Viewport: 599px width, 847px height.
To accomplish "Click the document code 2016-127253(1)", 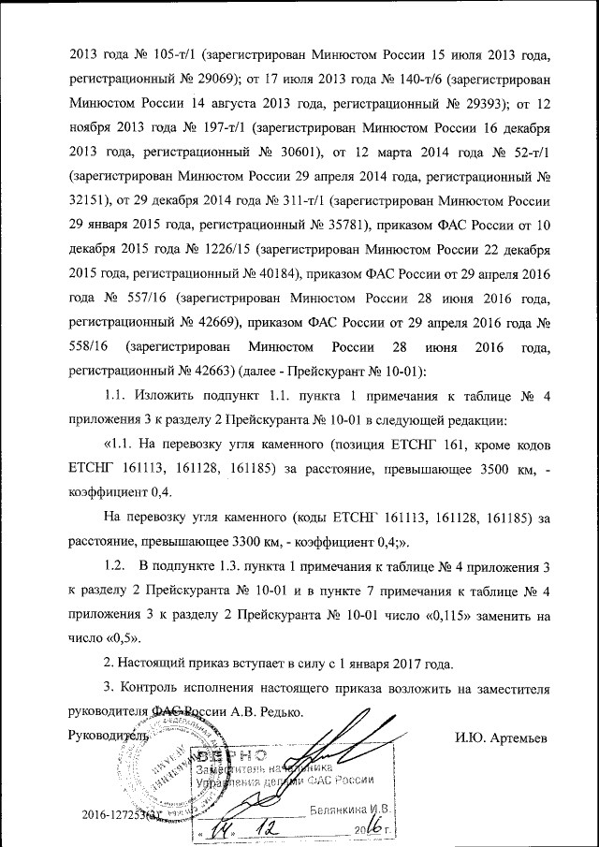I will (122, 817).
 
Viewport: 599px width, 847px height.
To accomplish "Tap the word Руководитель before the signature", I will (109, 736).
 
